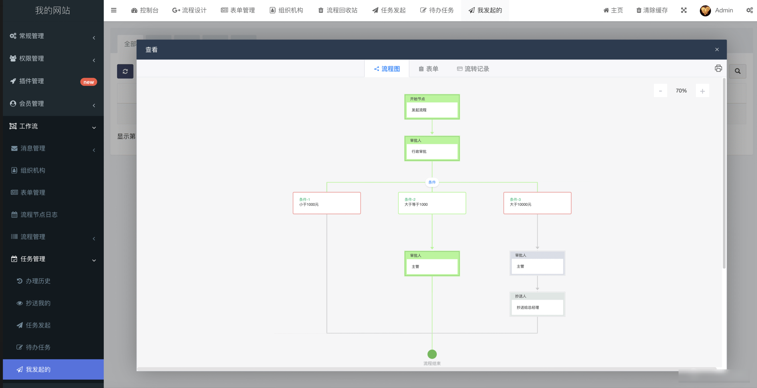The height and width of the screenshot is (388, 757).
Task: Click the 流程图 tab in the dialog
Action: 387,69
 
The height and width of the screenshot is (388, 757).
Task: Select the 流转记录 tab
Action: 473,69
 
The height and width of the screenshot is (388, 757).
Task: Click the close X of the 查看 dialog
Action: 717,49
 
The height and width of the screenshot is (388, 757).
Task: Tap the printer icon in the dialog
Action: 718,68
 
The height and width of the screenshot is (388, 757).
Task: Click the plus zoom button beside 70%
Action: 702,91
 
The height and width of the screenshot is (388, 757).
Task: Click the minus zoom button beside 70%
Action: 660,91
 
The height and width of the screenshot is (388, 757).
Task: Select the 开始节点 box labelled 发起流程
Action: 432,107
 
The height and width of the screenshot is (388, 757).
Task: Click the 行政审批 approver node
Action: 432,148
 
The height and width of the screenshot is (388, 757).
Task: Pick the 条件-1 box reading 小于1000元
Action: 327,203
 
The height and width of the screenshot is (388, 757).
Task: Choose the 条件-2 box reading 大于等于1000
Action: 432,203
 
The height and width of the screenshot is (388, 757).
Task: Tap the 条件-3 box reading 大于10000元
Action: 537,203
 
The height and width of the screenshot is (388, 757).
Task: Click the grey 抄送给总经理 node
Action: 537,304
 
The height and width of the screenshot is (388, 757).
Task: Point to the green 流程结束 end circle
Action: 432,354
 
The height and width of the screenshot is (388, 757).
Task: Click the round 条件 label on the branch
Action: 432,182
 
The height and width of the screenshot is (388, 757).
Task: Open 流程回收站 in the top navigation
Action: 338,10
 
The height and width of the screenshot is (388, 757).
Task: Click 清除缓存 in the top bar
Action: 652,10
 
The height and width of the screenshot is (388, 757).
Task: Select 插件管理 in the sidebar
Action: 31,81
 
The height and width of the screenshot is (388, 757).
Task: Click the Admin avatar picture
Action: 705,10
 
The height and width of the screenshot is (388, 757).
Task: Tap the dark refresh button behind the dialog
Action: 125,71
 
